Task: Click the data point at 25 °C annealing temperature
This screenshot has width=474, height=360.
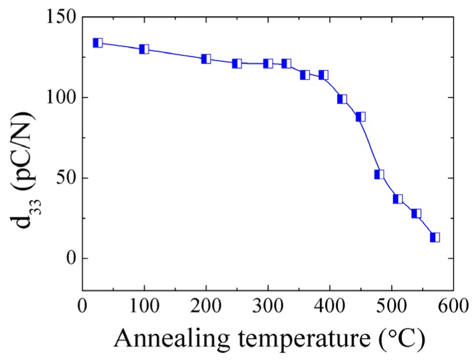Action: point(98,43)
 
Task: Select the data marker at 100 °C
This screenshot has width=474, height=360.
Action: point(144,49)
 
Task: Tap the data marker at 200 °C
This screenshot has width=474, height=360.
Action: point(206,59)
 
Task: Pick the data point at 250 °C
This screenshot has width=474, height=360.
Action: point(237,64)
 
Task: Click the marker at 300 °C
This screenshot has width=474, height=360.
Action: point(268,64)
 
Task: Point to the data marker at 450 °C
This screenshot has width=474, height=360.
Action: point(360,117)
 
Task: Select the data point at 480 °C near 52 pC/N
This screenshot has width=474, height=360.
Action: point(379,174)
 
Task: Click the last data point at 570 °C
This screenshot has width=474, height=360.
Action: point(435,237)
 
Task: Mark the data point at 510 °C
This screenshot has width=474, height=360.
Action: point(398,199)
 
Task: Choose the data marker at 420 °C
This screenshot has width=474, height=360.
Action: point(342,99)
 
